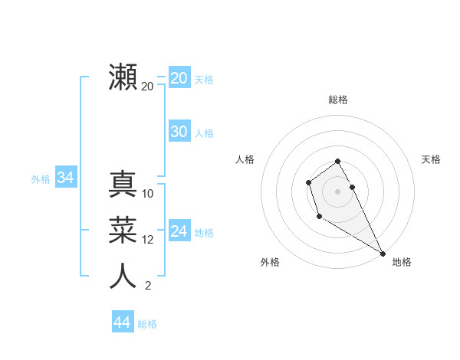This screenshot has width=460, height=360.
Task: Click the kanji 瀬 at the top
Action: pyautogui.click(x=123, y=77)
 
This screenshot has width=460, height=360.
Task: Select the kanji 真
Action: pyautogui.click(x=123, y=185)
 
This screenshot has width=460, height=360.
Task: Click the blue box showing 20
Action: pyautogui.click(x=179, y=78)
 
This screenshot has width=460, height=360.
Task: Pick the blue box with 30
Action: pyautogui.click(x=179, y=132)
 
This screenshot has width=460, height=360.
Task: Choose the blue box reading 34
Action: pyautogui.click(x=65, y=178)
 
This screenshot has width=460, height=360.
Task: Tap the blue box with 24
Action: pyautogui.click(x=179, y=231)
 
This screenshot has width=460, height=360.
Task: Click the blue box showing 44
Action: pyautogui.click(x=122, y=322)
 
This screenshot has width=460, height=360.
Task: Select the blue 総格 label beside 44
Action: pyautogui.click(x=147, y=324)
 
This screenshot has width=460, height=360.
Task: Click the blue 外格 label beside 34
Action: pyautogui.click(x=41, y=179)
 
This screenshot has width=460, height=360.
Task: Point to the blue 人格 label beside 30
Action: pyautogui.click(x=204, y=133)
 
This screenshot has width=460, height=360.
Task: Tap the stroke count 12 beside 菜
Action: pyautogui.click(x=148, y=240)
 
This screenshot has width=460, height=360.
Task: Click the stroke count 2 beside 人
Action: pyautogui.click(x=148, y=286)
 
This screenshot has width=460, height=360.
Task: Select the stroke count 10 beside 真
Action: pyautogui.click(x=148, y=194)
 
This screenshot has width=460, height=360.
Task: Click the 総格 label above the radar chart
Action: pyautogui.click(x=338, y=100)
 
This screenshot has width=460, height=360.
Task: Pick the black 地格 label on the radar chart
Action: pyautogui.click(x=402, y=262)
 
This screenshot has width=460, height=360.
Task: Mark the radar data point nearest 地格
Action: pyautogui.click(x=383, y=254)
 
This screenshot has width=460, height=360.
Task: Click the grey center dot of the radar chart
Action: pyautogui.click(x=338, y=191)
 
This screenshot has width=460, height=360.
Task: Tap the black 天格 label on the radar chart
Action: pyautogui.click(x=432, y=159)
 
